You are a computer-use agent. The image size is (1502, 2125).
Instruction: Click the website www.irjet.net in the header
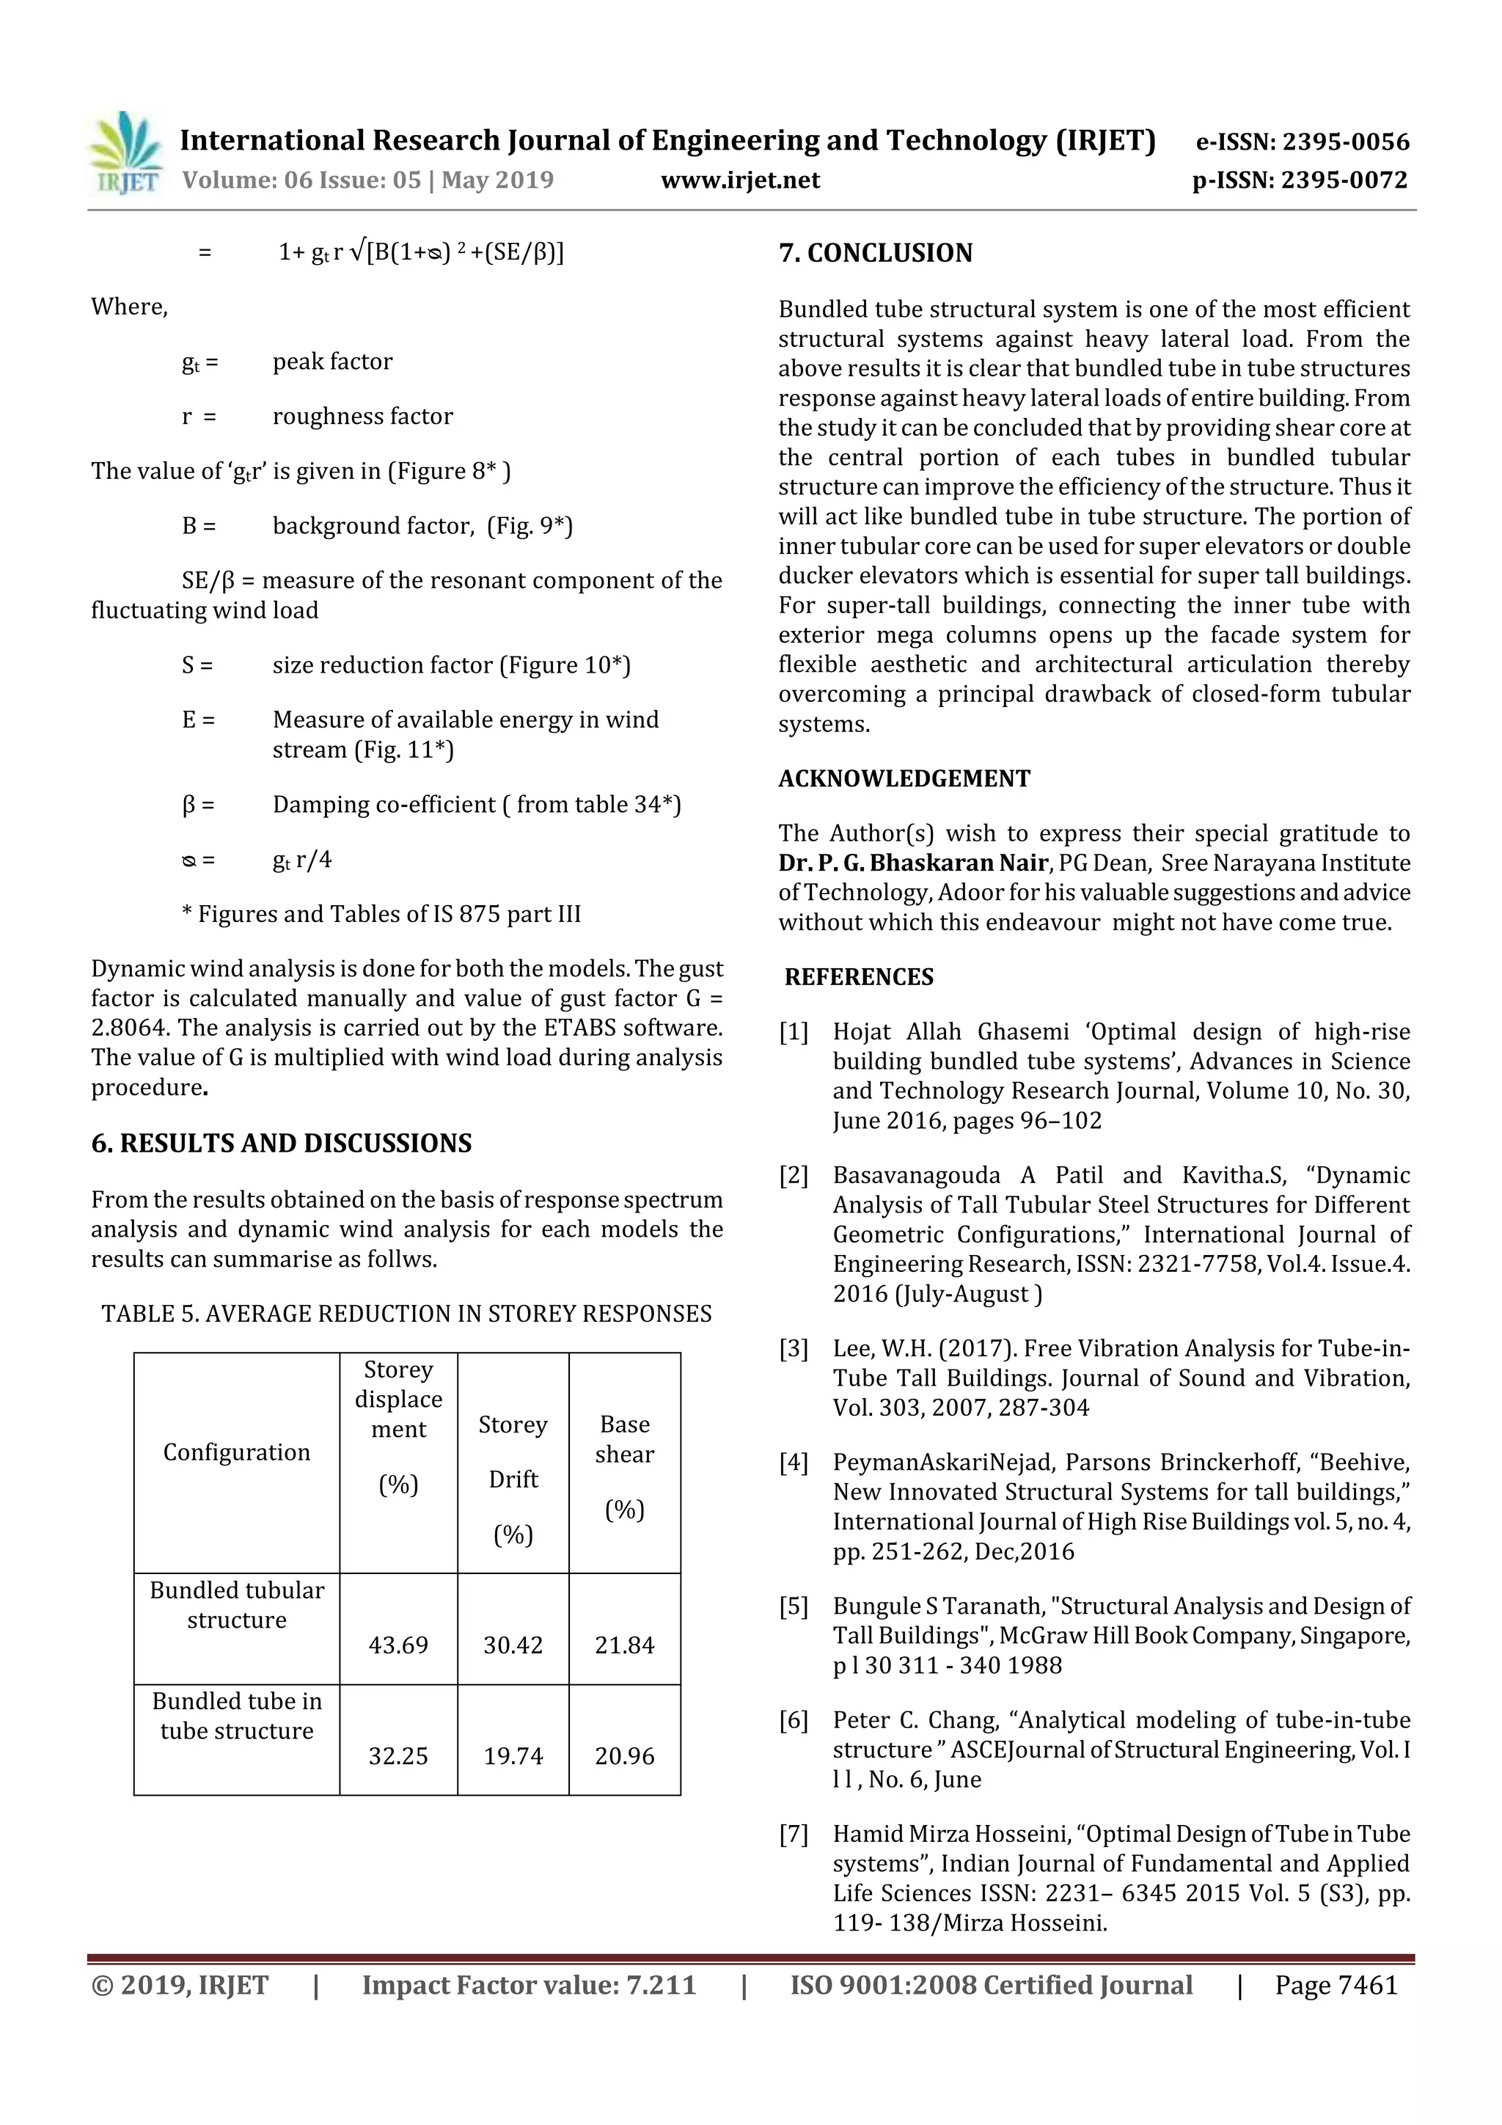[739, 180]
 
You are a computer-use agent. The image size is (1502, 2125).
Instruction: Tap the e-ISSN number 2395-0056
[1344, 142]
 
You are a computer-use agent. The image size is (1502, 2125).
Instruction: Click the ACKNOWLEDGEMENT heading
[904, 778]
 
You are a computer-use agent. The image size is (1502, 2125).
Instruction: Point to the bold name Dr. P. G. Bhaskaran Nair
[912, 863]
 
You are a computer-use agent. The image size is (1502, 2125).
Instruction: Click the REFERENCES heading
[858, 976]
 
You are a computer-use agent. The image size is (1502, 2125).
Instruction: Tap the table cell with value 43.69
[398, 1645]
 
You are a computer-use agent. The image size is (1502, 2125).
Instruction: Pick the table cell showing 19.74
[513, 1756]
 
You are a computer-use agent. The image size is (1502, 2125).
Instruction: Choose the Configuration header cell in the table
[236, 1452]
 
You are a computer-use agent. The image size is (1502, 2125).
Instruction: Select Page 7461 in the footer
[1336, 1984]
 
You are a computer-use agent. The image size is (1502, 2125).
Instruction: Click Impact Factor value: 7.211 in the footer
[529, 1984]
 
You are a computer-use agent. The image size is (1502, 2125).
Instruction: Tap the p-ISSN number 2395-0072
[1344, 180]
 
